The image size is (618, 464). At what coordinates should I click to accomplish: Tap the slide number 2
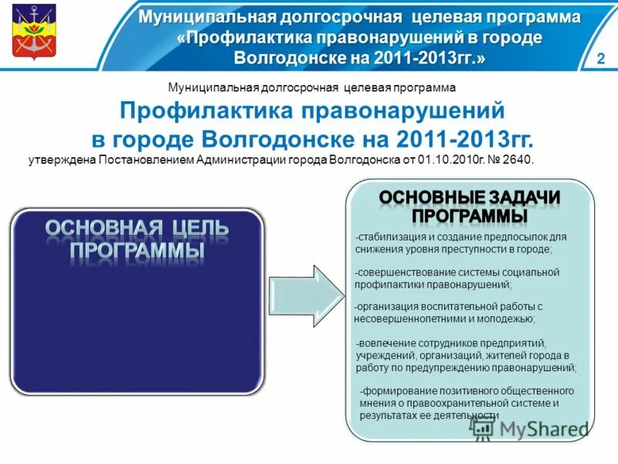(x=600, y=60)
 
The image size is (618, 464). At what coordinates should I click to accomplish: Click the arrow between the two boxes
(x=308, y=295)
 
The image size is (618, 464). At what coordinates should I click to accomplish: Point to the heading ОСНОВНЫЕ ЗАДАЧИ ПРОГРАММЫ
(x=470, y=206)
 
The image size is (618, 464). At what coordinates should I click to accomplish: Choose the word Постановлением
(x=144, y=160)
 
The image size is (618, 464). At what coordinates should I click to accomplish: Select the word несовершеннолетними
(x=406, y=319)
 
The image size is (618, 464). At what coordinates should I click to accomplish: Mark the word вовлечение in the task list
(x=385, y=343)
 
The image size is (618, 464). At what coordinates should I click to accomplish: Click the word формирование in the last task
(x=395, y=391)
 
